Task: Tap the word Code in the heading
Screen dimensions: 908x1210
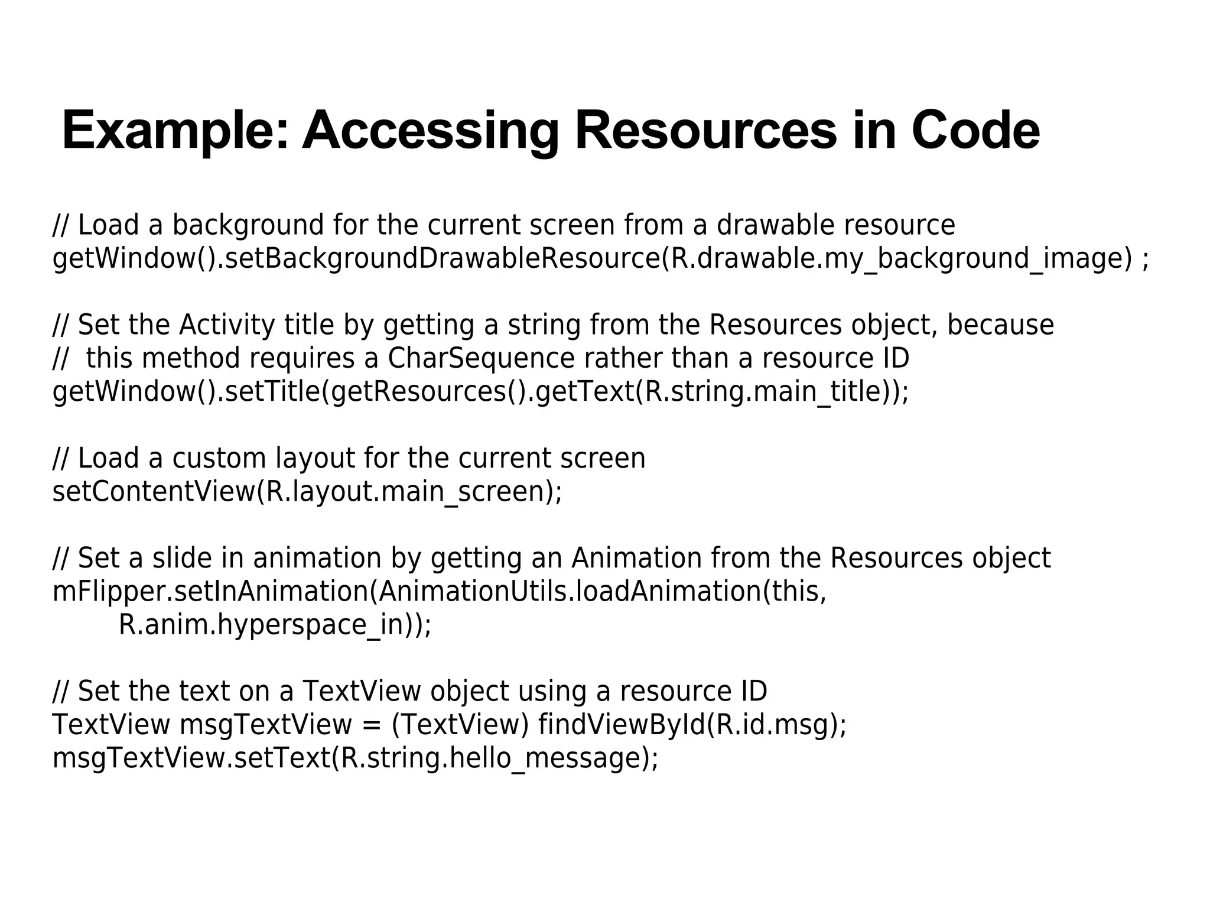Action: [975, 131]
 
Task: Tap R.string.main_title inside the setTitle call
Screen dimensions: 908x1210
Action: [767, 392]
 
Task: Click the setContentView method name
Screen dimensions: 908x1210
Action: [153, 492]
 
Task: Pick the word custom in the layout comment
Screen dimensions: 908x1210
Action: [220, 459]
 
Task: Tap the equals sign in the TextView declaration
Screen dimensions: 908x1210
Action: [372, 725]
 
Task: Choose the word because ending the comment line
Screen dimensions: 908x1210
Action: [1000, 326]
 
